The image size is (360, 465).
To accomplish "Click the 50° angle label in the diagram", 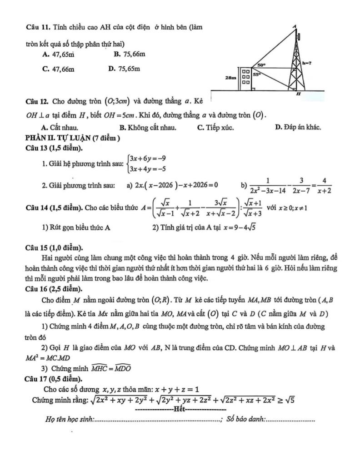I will [262, 65].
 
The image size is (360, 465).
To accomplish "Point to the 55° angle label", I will [256, 74].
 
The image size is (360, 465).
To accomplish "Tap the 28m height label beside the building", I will [231, 78].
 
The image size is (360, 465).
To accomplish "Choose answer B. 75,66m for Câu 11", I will [130, 54].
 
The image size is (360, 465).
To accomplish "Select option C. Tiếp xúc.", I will [215, 128].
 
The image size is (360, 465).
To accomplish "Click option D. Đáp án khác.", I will [298, 128].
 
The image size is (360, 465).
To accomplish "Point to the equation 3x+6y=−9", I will [147, 158].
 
